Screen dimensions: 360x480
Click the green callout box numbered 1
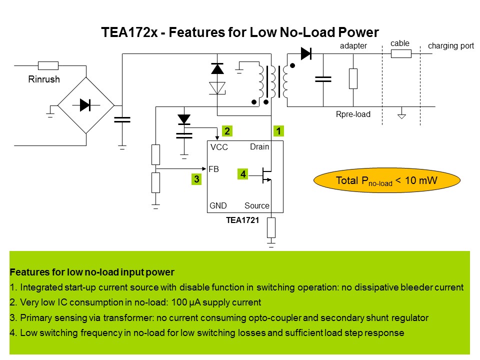tap(278, 131)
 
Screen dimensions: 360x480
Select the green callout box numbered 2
tap(227, 131)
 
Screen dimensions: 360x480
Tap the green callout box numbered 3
tap(196, 179)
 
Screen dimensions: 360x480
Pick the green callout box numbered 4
tap(243, 174)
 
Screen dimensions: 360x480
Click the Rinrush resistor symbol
tap(48, 65)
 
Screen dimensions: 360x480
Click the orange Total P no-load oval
tap(386, 180)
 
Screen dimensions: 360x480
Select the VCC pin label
tap(219, 147)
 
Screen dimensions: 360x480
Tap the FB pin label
tap(213, 169)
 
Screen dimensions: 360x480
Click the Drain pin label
tap(259, 146)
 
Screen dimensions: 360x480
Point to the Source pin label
tap(257, 205)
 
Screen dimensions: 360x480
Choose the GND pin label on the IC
tap(218, 205)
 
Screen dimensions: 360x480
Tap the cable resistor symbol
tap(401, 54)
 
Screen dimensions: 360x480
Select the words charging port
tap(451, 46)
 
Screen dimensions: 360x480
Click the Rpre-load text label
tap(353, 114)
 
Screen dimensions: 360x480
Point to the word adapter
tap(353, 46)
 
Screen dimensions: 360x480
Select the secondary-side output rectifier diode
tap(305, 51)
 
